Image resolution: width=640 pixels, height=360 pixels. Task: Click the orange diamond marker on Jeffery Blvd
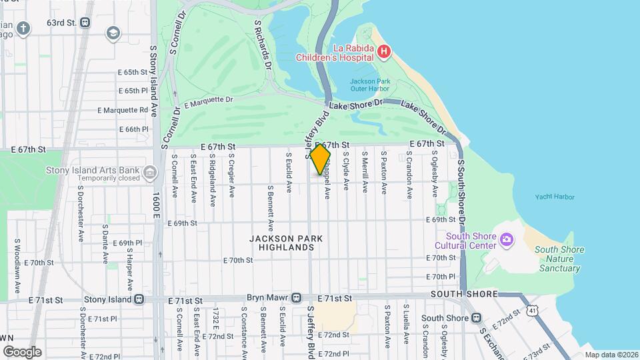point(320,159)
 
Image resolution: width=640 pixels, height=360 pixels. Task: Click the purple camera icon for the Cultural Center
point(506,239)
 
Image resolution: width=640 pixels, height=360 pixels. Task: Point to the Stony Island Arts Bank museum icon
point(150,173)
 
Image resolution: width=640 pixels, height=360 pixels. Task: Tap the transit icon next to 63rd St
point(85,22)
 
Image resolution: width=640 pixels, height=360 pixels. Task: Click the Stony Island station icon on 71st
point(139,299)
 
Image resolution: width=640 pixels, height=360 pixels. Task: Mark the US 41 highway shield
point(531,311)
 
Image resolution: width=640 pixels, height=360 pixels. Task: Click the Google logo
point(22,351)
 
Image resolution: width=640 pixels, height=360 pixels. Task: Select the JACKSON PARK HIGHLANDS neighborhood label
point(286,243)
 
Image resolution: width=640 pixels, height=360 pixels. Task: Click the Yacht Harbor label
point(554,197)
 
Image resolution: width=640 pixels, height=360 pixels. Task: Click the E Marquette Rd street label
point(123,110)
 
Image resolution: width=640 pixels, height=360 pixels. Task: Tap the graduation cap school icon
point(113,33)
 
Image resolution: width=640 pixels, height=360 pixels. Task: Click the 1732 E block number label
point(216,320)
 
